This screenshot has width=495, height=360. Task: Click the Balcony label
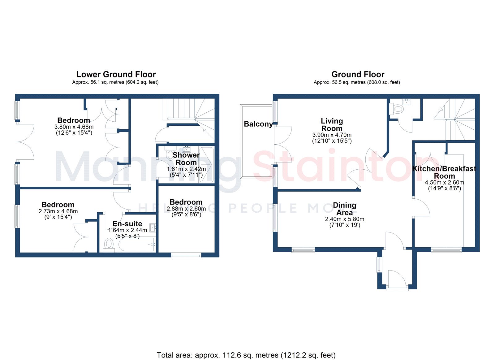(x=258, y=124)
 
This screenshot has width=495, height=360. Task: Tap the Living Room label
(x=332, y=125)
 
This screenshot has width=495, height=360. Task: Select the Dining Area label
(x=345, y=209)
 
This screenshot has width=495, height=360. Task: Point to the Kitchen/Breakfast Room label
(x=444, y=172)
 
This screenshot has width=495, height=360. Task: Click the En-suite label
(x=127, y=223)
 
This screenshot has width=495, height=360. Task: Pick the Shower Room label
(x=186, y=159)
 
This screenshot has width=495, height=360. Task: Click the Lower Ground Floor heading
(x=116, y=74)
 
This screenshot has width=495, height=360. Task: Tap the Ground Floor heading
(x=358, y=74)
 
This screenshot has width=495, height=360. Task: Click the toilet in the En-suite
(x=109, y=245)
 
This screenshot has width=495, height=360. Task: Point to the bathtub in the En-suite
(x=136, y=244)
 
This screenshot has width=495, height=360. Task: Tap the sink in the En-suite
(x=153, y=228)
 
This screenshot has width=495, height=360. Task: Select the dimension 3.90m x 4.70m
(x=332, y=135)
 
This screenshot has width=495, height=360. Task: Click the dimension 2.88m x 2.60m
(x=186, y=209)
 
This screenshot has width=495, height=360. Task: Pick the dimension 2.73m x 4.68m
(x=58, y=211)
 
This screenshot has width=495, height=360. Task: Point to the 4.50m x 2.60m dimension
(x=444, y=183)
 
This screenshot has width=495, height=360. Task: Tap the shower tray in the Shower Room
(x=206, y=165)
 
